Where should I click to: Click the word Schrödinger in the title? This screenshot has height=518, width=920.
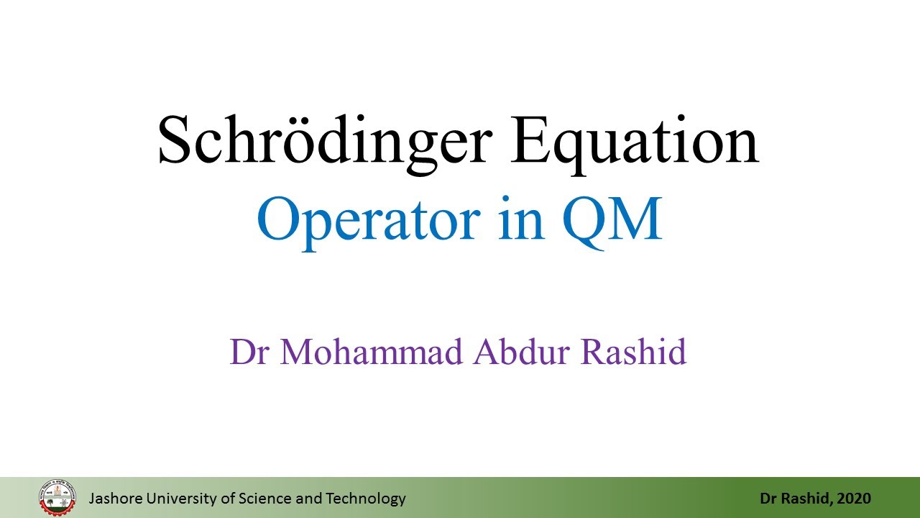[x=325, y=142]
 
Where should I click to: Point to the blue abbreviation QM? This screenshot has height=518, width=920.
[x=612, y=221]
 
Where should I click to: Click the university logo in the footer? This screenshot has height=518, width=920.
[x=57, y=498]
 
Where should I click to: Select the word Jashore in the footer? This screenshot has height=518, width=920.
[x=116, y=499]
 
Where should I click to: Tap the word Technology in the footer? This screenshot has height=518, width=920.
[x=366, y=499]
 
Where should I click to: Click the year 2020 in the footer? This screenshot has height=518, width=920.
[x=854, y=499]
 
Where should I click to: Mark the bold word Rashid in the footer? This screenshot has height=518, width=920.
[x=806, y=499]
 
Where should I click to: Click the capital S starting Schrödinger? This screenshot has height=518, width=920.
[x=174, y=140]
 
